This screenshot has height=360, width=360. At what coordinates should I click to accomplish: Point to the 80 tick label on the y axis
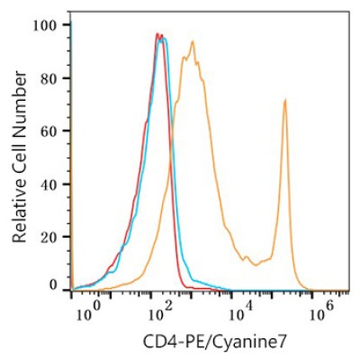click(x=50, y=78)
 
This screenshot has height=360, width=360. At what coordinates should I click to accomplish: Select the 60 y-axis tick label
click(x=50, y=131)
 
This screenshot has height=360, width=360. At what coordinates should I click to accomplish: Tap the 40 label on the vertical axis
click(x=50, y=184)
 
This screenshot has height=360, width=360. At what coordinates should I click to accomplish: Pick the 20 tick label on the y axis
click(x=50, y=237)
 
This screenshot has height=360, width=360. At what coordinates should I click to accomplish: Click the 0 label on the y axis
click(x=54, y=285)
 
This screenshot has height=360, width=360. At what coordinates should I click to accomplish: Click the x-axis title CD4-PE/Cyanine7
click(x=215, y=342)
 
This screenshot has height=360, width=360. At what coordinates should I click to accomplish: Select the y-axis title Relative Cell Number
click(x=20, y=157)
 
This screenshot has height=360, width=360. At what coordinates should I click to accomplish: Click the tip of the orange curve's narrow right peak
click(x=285, y=99)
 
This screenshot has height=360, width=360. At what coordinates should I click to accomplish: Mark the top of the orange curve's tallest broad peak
click(x=193, y=41)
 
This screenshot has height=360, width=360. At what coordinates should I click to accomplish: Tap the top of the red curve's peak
click(x=157, y=33)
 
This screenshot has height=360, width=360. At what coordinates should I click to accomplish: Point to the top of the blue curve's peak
click(x=164, y=38)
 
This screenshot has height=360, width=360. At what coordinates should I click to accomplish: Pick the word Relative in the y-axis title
click(x=20, y=211)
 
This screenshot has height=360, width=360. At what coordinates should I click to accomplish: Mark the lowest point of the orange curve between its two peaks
click(x=256, y=265)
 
